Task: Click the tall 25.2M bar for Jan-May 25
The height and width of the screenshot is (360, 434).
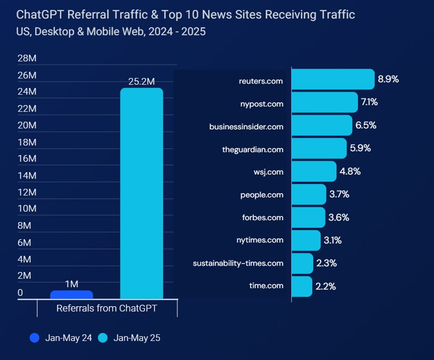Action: pyautogui.click(x=141, y=194)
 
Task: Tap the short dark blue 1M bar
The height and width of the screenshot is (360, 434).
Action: pyautogui.click(x=72, y=295)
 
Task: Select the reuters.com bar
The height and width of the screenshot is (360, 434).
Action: pyautogui.click(x=332, y=79)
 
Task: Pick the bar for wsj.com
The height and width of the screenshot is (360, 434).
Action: pyautogui.click(x=314, y=171)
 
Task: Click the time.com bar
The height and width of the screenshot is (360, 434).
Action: pyautogui.click(x=302, y=286)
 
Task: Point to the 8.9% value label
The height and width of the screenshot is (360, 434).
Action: pyautogui.click(x=388, y=79)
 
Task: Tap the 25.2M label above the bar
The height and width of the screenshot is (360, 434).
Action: pyautogui.click(x=141, y=82)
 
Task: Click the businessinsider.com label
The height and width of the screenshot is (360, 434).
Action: pyautogui.click(x=246, y=126)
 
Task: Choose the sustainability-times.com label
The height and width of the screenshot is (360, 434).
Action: pyautogui.click(x=238, y=263)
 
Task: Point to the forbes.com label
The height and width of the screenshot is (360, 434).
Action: pyautogui.click(x=263, y=217)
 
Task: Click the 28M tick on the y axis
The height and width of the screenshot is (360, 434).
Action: pyautogui.click(x=27, y=59)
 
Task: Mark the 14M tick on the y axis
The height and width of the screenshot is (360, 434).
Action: pyautogui.click(x=27, y=175)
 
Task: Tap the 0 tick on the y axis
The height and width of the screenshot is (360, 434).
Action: pyautogui.click(x=20, y=293)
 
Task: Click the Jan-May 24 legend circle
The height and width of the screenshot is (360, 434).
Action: pyautogui.click(x=35, y=338)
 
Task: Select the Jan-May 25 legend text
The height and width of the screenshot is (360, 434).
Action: pyautogui.click(x=137, y=338)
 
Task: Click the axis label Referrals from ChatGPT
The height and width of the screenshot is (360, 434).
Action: pyautogui.click(x=107, y=308)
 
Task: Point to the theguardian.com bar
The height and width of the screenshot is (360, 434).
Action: pyautogui.click(x=319, y=149)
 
